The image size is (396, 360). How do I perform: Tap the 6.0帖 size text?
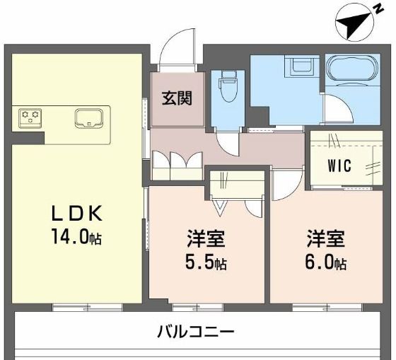pyautogui.click(x=325, y=263)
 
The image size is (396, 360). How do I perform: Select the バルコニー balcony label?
pyautogui.click(x=195, y=330)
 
